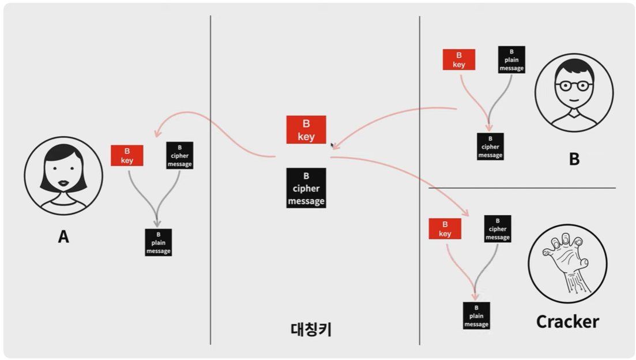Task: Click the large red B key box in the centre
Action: point(306,130)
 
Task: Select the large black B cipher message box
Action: point(306,188)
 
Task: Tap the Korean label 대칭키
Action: point(311,329)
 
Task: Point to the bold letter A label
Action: point(63,237)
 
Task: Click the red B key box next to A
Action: point(127,156)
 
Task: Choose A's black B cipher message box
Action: point(179,156)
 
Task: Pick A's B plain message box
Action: point(158,243)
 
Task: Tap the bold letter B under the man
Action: point(574,159)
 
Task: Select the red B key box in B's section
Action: point(459,60)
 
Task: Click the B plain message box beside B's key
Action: point(511,60)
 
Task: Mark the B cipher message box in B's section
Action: point(490,147)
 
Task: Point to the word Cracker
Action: point(567,321)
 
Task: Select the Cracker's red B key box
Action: point(445,228)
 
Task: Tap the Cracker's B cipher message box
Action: point(497,229)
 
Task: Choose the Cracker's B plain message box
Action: point(476,316)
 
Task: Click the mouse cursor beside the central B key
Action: point(332,145)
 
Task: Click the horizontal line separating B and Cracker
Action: point(522,188)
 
